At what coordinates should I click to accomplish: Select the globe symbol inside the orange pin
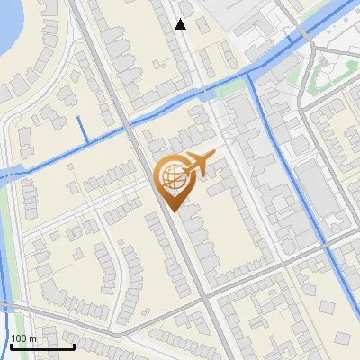point(171,176)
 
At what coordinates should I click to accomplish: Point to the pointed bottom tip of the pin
point(171,211)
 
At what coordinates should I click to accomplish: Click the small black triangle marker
point(181,24)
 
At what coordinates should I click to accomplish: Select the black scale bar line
point(42,346)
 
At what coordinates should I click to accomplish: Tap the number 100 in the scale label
point(20,338)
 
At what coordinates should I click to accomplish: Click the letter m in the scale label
point(33,338)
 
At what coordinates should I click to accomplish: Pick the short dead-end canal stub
point(84,130)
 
